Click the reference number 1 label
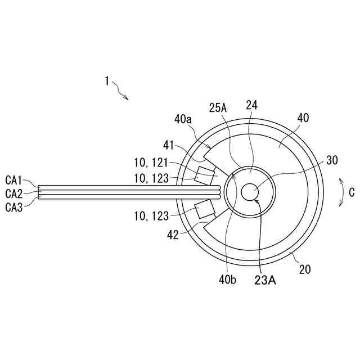point(106,81)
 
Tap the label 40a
point(184,120)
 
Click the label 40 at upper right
point(303,119)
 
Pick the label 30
point(332,160)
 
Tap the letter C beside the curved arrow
point(352,192)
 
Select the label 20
point(304,269)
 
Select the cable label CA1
point(13,181)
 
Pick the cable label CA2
point(13,193)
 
